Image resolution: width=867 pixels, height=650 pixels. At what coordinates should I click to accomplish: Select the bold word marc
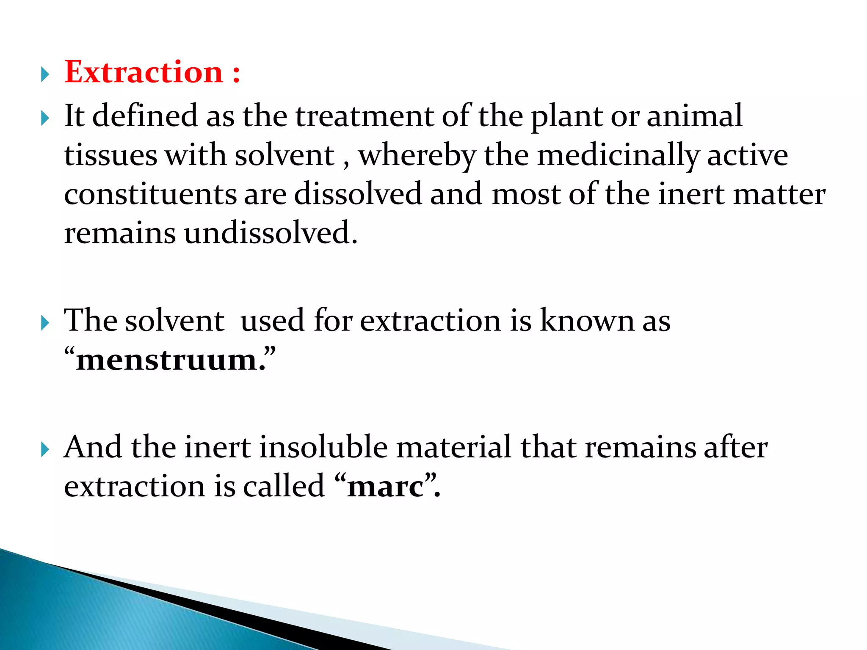[x=385, y=486]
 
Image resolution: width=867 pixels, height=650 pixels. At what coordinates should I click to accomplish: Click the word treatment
[x=364, y=116]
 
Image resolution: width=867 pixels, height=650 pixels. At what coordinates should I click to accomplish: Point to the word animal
[x=694, y=116]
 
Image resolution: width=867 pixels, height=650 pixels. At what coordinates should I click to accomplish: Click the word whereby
[x=417, y=156]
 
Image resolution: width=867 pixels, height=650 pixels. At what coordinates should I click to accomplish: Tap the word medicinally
[x=618, y=156]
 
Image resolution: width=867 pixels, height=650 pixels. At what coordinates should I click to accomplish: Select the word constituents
[x=150, y=194]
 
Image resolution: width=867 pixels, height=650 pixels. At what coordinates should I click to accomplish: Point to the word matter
[x=779, y=194]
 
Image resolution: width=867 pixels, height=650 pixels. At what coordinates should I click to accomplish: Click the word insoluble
[x=323, y=447]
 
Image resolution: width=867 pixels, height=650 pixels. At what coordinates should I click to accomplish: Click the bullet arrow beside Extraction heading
[x=45, y=75]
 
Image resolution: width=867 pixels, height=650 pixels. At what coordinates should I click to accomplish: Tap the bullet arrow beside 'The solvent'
[x=45, y=324]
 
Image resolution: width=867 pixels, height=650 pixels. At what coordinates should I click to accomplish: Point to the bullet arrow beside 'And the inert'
[x=45, y=450]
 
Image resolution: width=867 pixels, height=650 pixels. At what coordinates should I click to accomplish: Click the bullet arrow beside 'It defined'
[x=45, y=119]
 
